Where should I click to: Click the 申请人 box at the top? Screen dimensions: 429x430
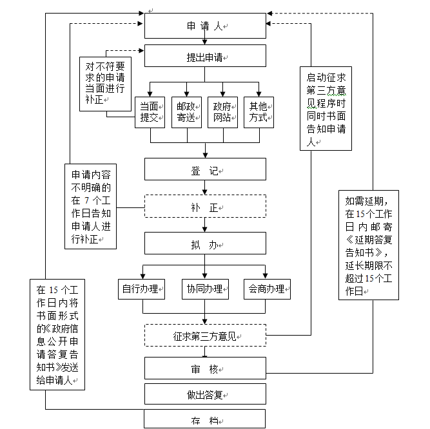click(x=205, y=26)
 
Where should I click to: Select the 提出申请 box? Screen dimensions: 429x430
click(x=205, y=56)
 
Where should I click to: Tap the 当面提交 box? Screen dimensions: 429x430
click(x=150, y=112)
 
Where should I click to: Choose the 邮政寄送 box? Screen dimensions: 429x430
click(x=187, y=112)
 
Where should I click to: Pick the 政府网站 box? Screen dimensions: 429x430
click(x=223, y=112)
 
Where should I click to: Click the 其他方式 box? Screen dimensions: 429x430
click(x=260, y=112)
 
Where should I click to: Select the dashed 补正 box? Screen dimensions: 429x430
click(x=205, y=207)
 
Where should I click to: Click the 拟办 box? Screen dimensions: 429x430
click(x=205, y=244)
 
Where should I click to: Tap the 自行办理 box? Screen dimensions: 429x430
click(x=142, y=289)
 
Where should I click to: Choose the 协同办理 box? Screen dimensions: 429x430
click(x=205, y=289)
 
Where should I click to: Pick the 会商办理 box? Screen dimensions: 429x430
click(x=267, y=289)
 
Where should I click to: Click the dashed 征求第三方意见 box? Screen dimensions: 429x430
click(x=205, y=335)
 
